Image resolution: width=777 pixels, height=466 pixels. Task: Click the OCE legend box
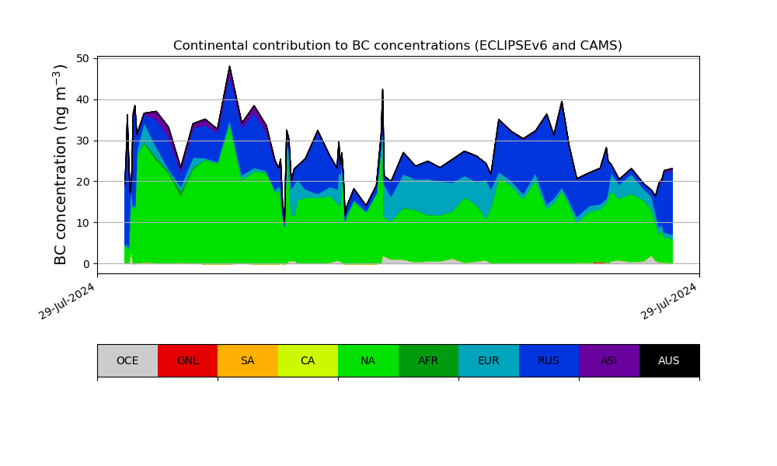coord(127,360)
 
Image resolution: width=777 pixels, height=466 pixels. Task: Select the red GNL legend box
coord(187,360)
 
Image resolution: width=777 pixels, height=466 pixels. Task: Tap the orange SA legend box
coord(247,360)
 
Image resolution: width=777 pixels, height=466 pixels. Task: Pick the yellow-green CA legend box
coord(308,360)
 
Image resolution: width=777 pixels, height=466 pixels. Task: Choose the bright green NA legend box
coord(368,360)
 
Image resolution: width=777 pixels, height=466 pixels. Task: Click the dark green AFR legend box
coord(428,360)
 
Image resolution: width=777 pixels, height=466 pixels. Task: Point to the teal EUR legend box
coord(488,360)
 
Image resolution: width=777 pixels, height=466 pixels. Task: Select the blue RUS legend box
coord(549,360)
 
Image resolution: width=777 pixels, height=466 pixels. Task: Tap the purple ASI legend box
coord(608,360)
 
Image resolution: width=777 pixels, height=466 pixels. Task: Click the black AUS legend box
coord(669,360)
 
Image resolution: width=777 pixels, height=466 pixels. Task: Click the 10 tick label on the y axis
coord(84,223)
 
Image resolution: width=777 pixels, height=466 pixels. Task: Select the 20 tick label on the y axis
coord(84,182)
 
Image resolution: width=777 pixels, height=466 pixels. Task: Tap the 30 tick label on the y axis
coord(84,141)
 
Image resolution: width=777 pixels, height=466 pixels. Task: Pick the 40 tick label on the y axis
coord(84,99)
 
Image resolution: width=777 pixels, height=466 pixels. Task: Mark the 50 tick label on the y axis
coord(84,58)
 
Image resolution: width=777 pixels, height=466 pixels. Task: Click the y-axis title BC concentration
coord(61,164)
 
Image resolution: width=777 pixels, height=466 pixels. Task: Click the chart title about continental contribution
coord(398,46)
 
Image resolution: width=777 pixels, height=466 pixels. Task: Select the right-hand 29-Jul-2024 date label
coord(669,302)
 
